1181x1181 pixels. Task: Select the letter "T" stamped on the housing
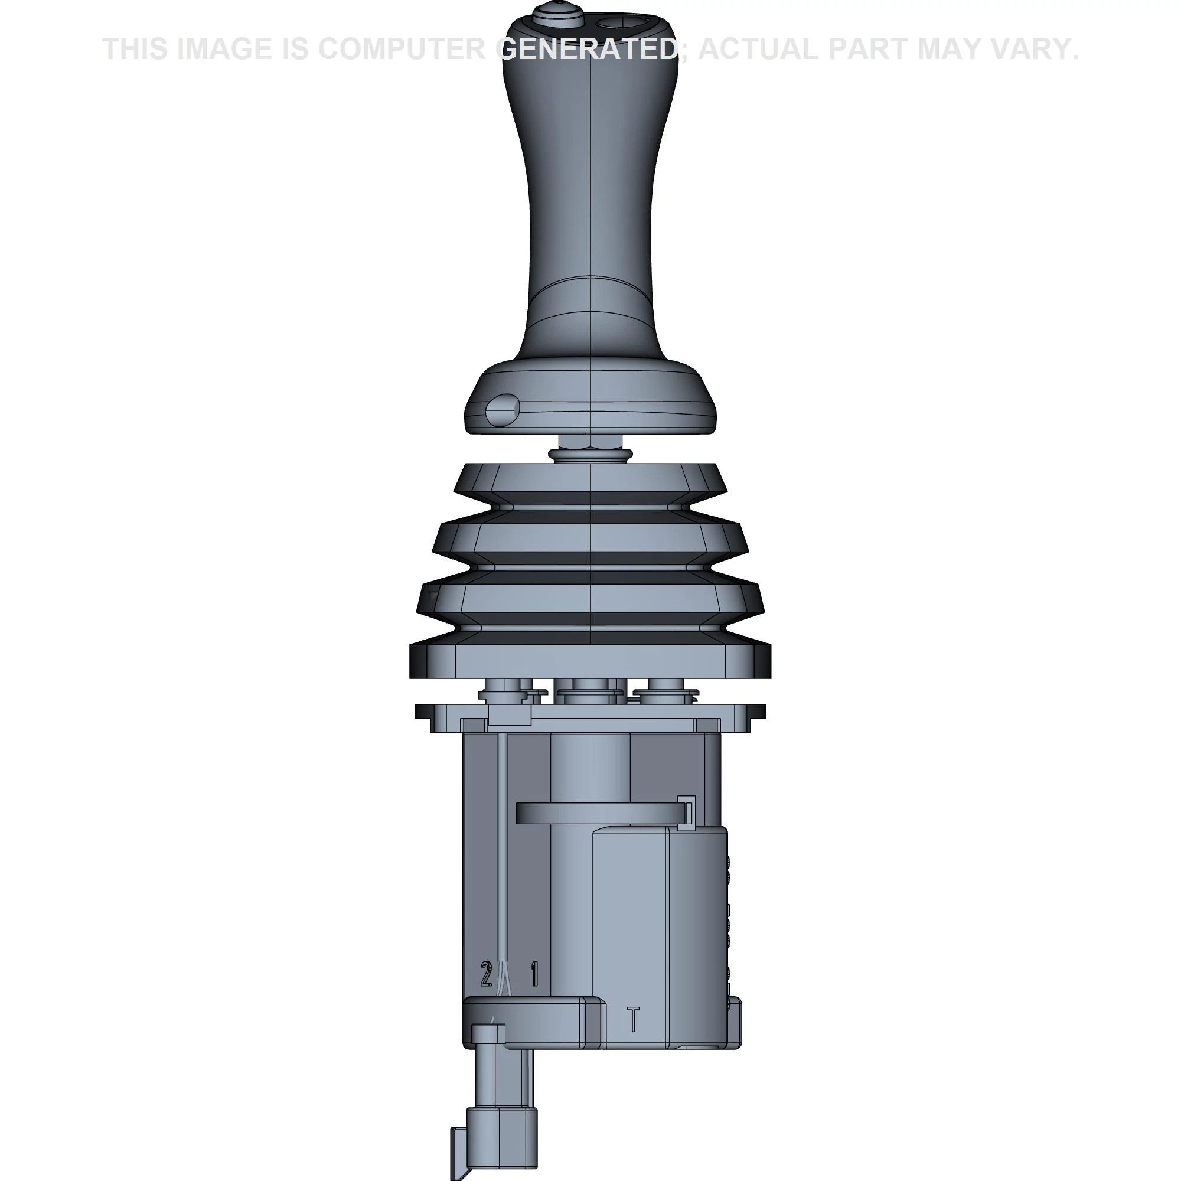click(634, 1019)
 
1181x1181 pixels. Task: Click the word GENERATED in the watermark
click(588, 49)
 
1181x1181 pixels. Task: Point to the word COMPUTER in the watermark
click(402, 49)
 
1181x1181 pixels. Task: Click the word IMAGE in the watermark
click(224, 49)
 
